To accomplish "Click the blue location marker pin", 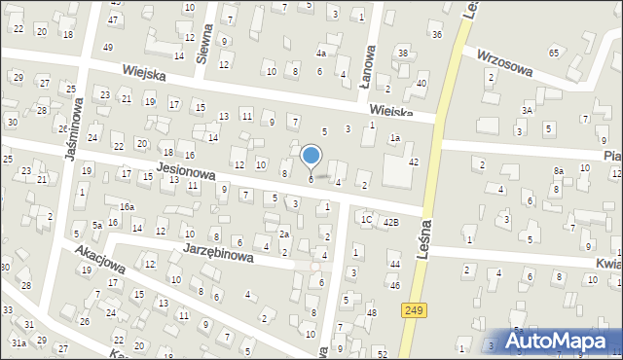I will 311,156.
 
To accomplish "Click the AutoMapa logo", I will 553,341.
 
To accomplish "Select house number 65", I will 554,53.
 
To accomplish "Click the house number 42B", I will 390,223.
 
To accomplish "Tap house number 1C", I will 366,219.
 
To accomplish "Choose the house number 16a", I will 127,207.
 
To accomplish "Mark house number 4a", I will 320,54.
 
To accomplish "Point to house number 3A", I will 527,112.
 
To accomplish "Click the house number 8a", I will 559,171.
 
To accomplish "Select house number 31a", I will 18,342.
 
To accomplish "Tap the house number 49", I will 108,48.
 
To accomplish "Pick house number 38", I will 402,52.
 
